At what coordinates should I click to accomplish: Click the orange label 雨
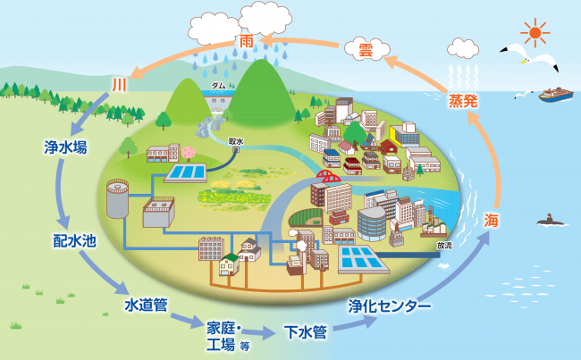click(247, 41)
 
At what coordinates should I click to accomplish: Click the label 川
click(119, 85)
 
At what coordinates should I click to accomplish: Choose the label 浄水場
click(65, 147)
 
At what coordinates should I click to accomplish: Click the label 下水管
click(305, 333)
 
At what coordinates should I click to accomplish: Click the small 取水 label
click(236, 140)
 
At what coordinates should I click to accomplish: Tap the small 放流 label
click(444, 244)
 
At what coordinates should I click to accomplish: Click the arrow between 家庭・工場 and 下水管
click(259, 332)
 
